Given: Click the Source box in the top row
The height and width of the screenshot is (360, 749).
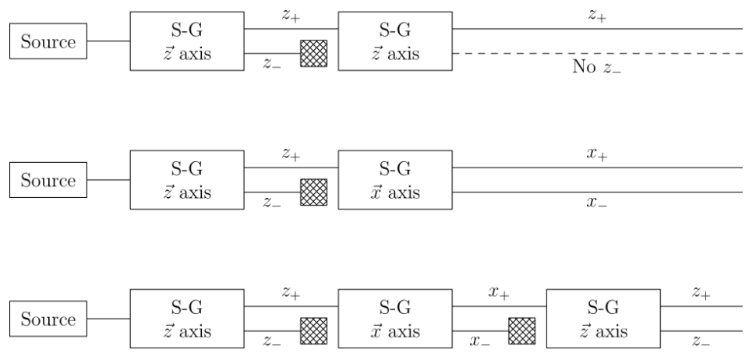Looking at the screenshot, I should tap(48, 41).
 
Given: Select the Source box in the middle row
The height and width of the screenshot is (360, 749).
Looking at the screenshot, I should tap(48, 182).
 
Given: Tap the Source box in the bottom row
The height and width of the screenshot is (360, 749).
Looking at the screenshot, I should tap(48, 319).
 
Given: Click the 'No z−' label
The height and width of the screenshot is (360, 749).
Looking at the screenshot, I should tap(596, 68).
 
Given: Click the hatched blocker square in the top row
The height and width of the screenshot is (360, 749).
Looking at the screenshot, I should tap(313, 53).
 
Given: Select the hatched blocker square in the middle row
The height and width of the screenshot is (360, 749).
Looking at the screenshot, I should tap(313, 192).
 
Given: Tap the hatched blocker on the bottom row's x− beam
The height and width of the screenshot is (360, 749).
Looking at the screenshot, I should tap(521, 330).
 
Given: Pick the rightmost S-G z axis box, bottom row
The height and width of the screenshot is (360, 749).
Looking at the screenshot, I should tap(604, 319).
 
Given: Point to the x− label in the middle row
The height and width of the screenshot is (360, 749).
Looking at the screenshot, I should tap(597, 203).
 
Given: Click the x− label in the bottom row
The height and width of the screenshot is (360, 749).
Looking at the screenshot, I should tap(481, 341).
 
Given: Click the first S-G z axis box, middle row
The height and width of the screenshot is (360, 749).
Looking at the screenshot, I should tap(186, 181).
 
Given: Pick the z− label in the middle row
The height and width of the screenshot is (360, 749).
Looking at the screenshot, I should tap(272, 203).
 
